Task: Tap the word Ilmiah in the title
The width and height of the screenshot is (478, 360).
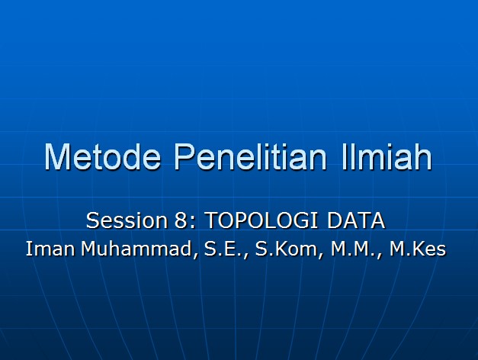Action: [x=382, y=156]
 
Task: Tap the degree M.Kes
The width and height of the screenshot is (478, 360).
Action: [x=417, y=249]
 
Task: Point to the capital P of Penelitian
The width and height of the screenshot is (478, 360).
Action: [x=184, y=156]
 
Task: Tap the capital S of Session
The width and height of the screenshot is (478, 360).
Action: [x=92, y=221]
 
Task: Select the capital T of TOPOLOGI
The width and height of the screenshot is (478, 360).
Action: [x=213, y=221]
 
